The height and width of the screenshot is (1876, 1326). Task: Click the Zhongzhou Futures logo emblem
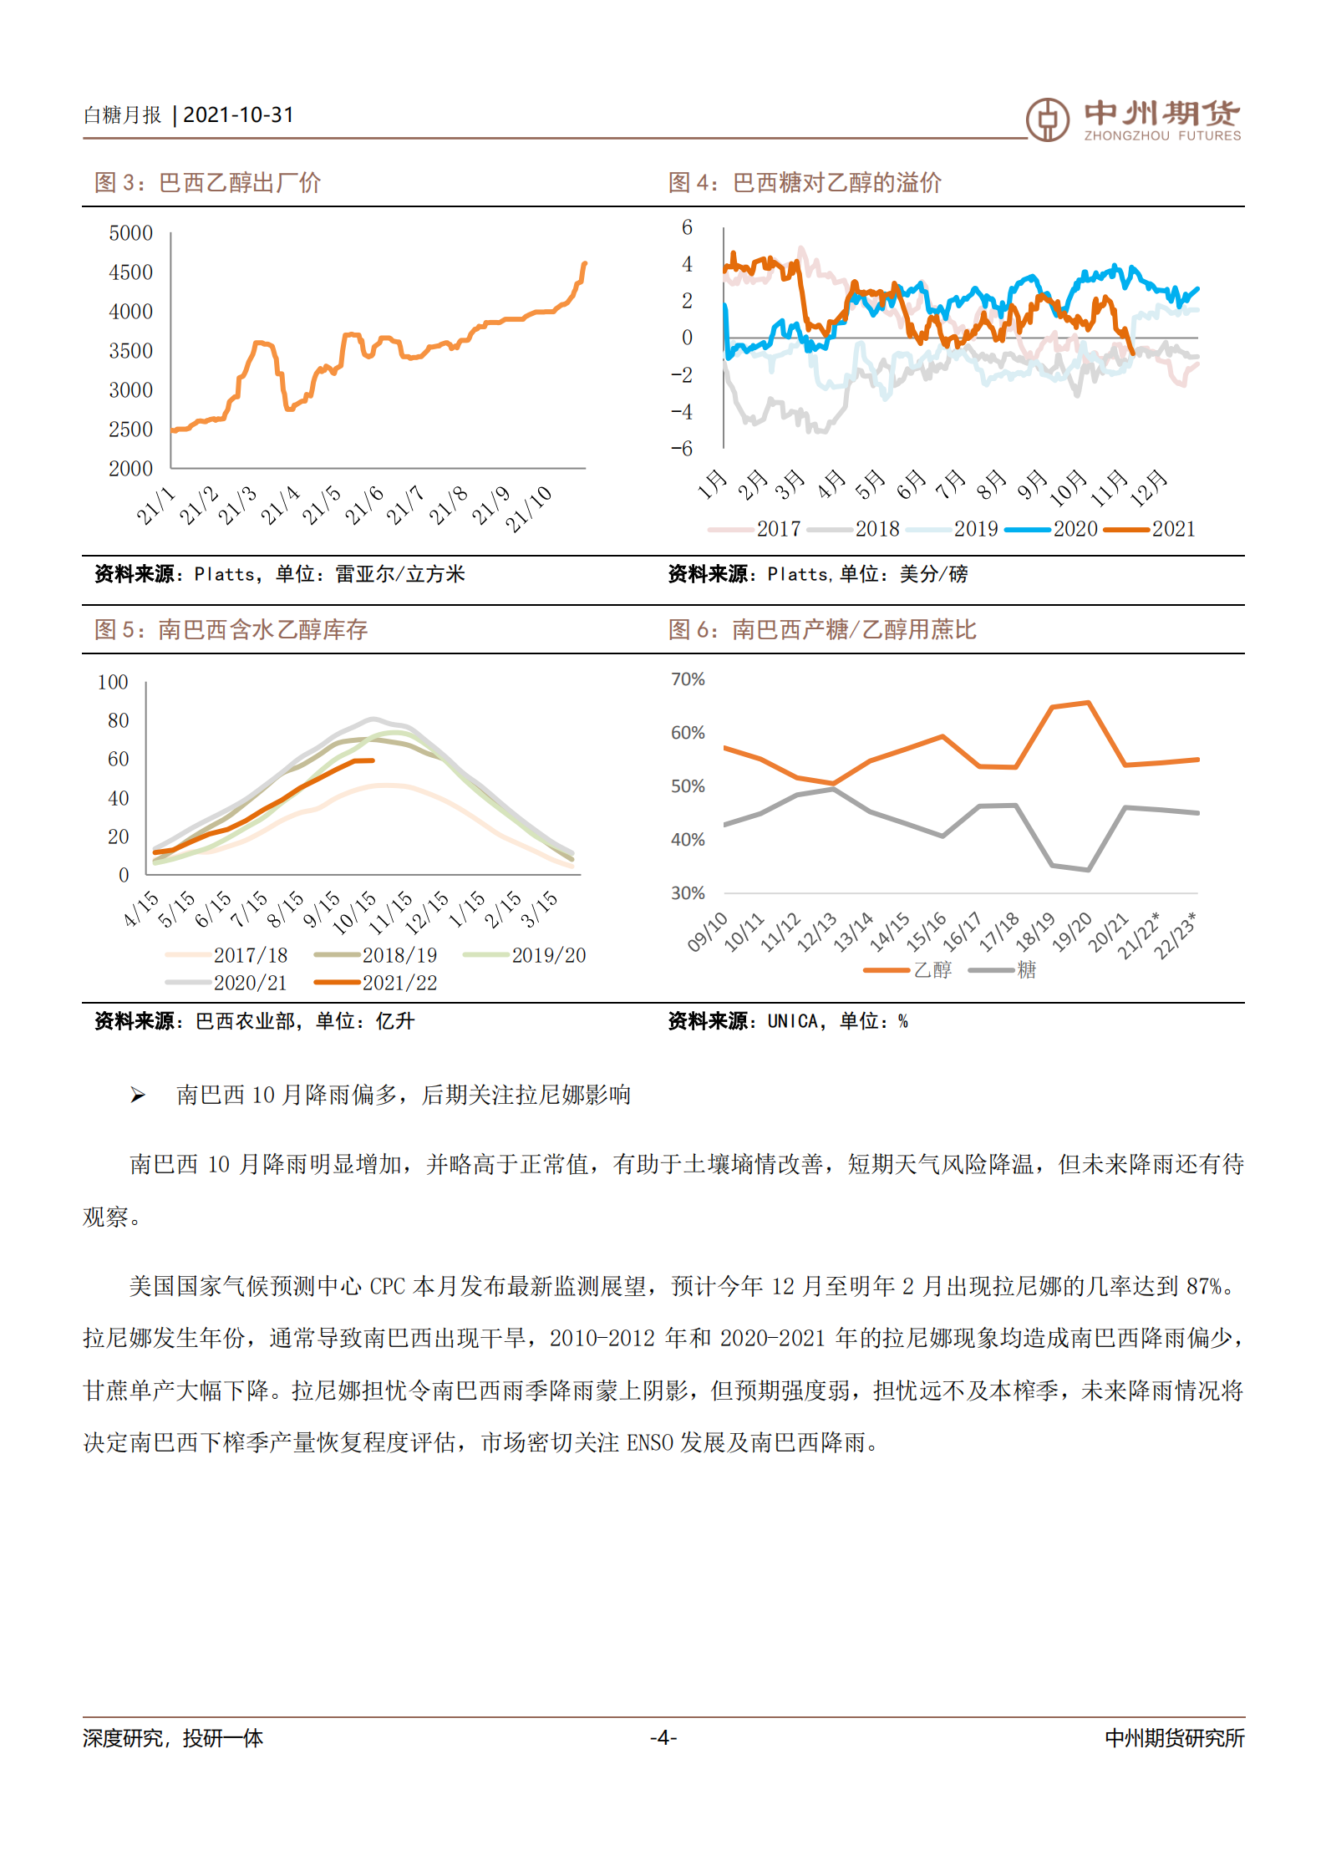click(x=1047, y=119)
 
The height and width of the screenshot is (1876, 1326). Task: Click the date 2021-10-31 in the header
click(x=238, y=115)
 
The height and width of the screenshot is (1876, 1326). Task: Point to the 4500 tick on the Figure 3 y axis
click(x=131, y=272)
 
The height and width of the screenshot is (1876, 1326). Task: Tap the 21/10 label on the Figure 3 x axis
click(x=528, y=508)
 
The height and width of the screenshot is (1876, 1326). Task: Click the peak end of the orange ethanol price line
click(x=584, y=264)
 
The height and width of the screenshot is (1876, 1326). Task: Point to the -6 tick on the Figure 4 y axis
click(x=682, y=449)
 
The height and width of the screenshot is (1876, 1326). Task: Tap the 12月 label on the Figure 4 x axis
click(x=1149, y=487)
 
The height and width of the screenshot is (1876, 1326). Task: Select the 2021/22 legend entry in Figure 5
click(x=376, y=983)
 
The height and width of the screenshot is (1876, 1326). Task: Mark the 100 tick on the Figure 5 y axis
click(x=113, y=683)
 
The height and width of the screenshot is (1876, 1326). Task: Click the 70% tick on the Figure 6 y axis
click(x=688, y=679)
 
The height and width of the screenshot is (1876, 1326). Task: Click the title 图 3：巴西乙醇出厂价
click(x=207, y=183)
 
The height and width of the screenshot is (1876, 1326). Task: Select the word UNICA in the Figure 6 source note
click(x=792, y=1021)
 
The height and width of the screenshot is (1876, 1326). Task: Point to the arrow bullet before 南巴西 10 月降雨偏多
click(x=138, y=1096)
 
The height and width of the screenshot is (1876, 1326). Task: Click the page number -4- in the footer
click(x=663, y=1738)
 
